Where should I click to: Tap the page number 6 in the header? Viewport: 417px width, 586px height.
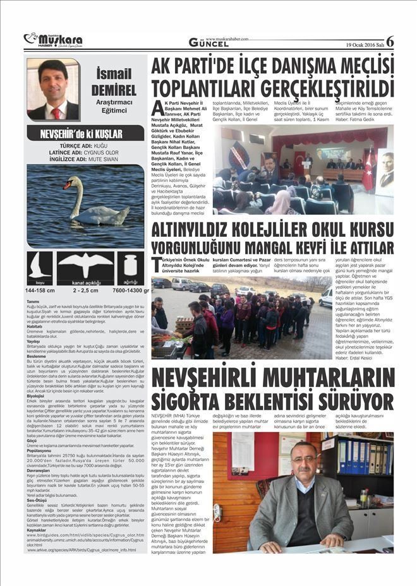pyautogui.click(x=390, y=41)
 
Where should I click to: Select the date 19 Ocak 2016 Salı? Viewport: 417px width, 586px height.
pyautogui.click(x=364, y=44)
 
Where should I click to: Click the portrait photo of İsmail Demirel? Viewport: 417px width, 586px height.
pyautogui.click(x=53, y=90)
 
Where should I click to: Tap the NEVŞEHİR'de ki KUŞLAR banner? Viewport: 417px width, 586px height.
pyautogui.click(x=85, y=135)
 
